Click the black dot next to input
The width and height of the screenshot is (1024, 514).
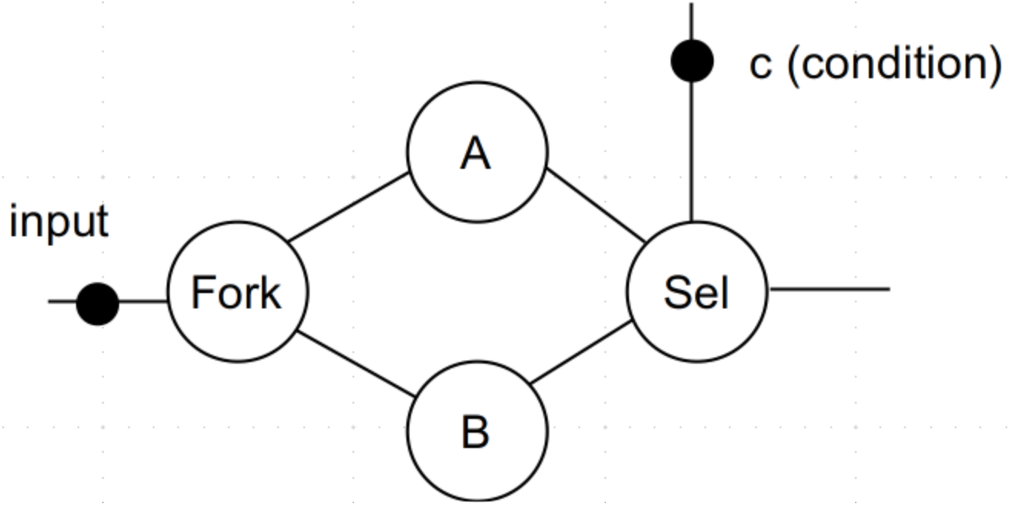coord(98,304)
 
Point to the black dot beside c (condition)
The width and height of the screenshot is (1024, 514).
coord(692,61)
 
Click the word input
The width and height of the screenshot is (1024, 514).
coord(59,222)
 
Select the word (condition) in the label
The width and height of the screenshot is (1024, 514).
coord(895,64)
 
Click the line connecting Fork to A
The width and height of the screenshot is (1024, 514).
coord(349,206)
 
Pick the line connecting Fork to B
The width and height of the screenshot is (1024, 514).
coord(356,364)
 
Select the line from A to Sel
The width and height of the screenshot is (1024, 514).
coord(596,205)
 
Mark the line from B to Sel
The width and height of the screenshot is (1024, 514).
coord(582,351)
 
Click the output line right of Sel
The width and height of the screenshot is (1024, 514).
coord(829,289)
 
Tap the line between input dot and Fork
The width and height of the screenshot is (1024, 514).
coord(144,301)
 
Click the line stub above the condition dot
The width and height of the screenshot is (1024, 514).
coord(691,21)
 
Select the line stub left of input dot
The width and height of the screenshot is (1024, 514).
coord(63,301)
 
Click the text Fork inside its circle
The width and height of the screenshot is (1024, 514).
coord(237,292)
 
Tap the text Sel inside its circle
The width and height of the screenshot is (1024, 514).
coord(696,292)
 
